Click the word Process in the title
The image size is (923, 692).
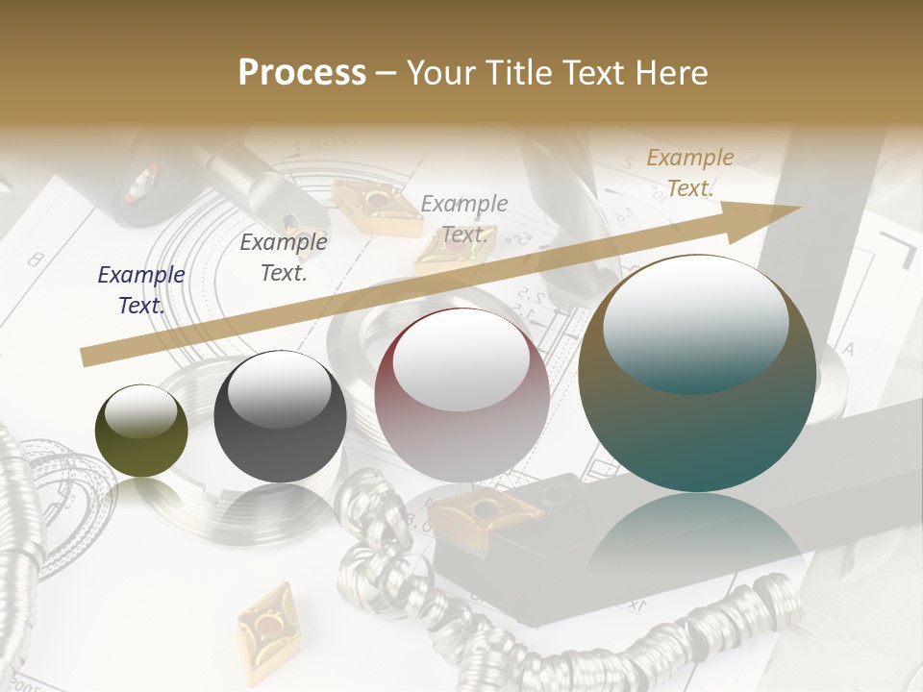pos(302,72)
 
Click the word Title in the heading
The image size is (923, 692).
pos(516,72)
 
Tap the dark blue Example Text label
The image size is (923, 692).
pos(141,289)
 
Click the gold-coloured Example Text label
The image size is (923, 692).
pos(690,173)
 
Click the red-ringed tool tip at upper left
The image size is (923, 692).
pos(141,182)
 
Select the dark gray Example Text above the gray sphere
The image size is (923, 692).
pos(284,257)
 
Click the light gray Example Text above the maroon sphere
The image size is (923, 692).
pos(464,218)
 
